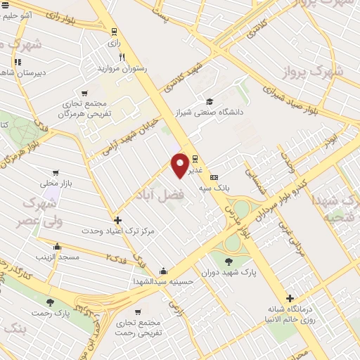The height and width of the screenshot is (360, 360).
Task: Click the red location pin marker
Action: [181, 164]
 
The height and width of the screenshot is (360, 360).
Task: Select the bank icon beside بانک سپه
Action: [214, 178]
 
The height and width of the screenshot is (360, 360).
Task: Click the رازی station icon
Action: [114, 31]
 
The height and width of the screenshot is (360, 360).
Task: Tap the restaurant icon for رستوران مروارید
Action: [122, 57]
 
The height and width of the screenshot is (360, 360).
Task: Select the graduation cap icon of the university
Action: [209, 101]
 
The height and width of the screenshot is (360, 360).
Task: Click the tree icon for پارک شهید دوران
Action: [229, 262]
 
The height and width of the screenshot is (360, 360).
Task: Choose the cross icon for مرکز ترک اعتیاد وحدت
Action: [117, 220]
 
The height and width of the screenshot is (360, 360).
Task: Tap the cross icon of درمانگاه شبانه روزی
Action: [289, 298]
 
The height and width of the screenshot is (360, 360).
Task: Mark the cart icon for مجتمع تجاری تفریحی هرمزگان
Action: [84, 94]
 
